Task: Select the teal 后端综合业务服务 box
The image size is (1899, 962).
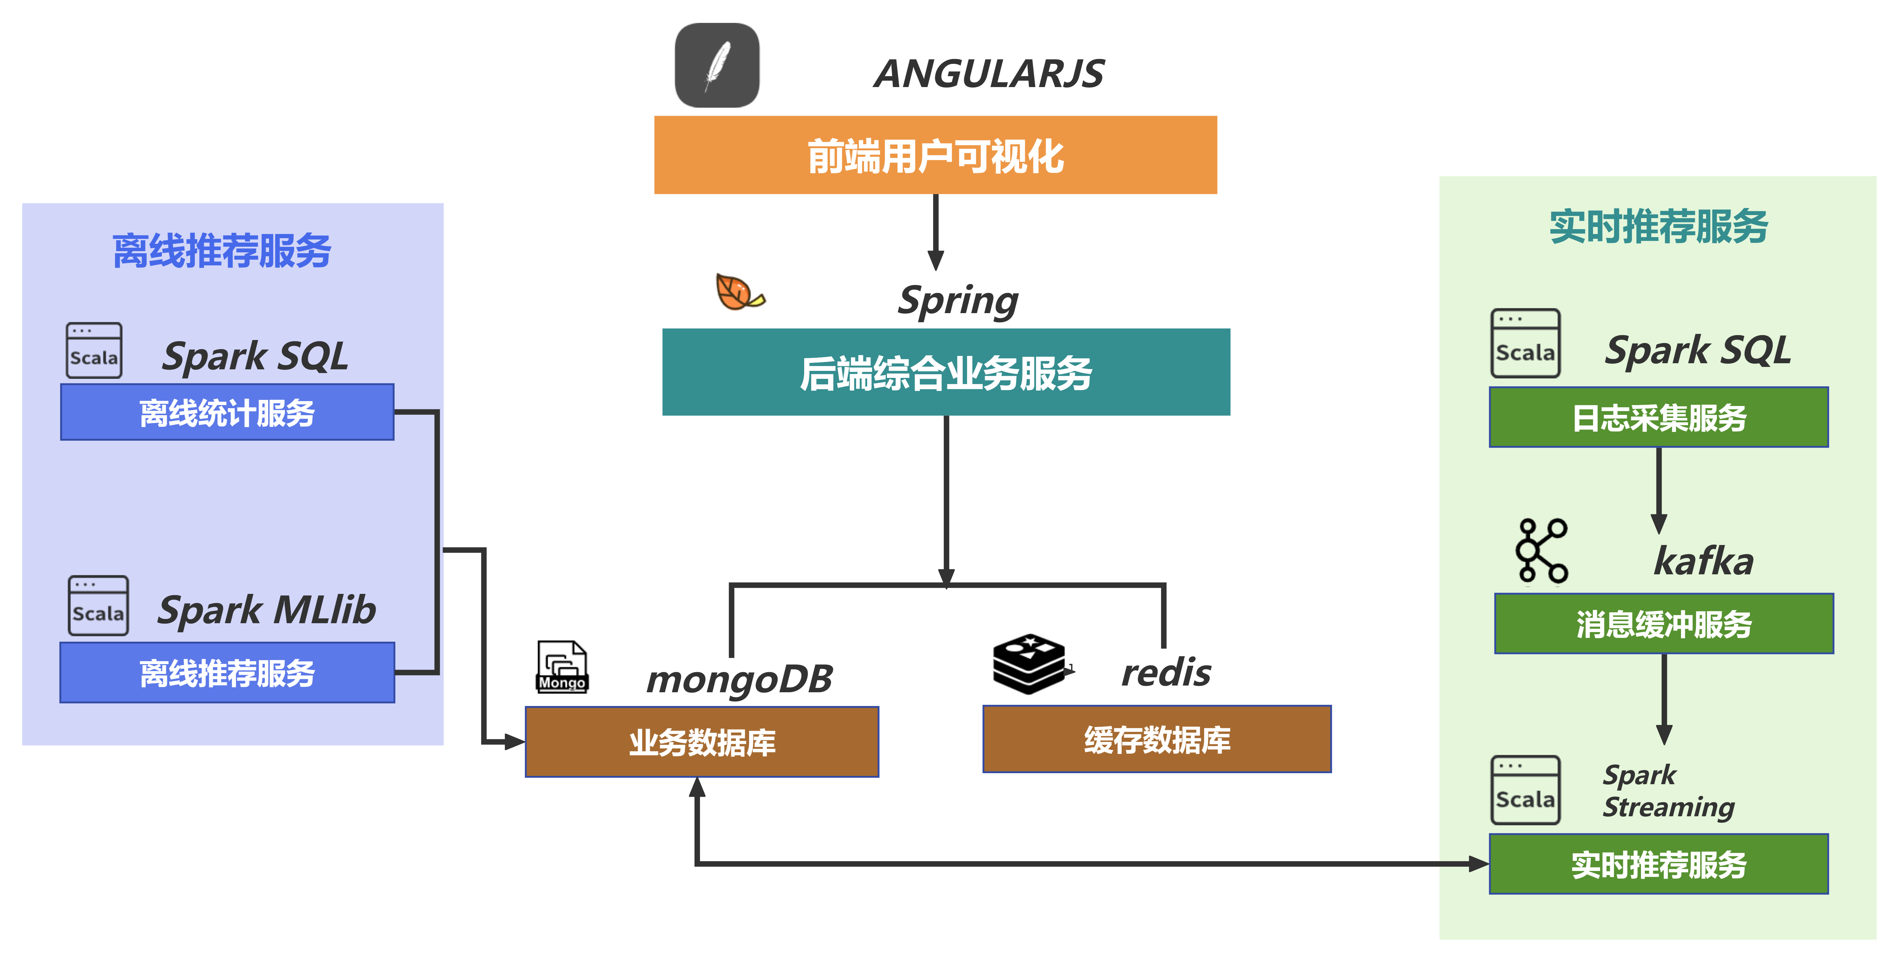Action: click(946, 372)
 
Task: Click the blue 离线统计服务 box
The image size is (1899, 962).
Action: click(227, 412)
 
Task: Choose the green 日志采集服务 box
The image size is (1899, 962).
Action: click(1659, 417)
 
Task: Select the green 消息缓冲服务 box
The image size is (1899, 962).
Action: click(1664, 624)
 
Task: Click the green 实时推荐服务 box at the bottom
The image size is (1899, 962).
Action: click(1659, 864)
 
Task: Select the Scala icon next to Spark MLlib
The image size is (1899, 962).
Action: click(98, 606)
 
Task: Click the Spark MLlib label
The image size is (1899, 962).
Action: click(267, 610)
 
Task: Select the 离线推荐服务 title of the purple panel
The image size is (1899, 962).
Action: click(222, 251)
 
